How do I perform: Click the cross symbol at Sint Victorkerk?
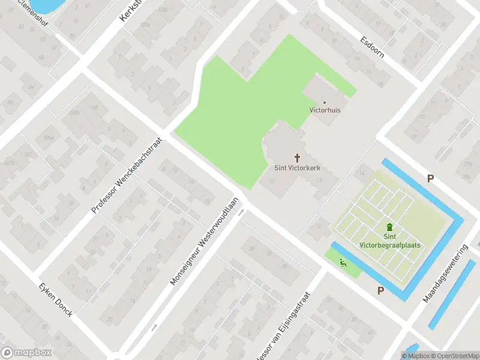(x=297, y=158)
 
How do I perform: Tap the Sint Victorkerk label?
(x=297, y=168)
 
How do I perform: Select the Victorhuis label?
(x=325, y=110)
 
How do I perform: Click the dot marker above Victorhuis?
(x=325, y=103)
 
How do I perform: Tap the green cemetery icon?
(x=390, y=227)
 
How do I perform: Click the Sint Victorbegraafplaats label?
(x=390, y=241)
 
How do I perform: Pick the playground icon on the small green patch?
(x=343, y=262)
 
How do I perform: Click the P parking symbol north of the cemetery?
(x=430, y=178)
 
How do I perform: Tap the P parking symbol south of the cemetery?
(x=380, y=290)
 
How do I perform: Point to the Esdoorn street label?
(x=372, y=46)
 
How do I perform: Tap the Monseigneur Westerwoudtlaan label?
(x=204, y=241)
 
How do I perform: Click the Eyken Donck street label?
(x=56, y=300)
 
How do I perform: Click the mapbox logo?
(x=26, y=353)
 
